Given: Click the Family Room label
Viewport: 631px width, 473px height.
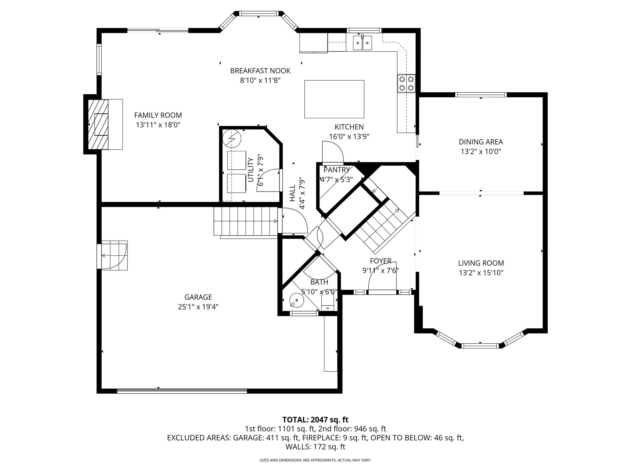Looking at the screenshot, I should (x=158, y=115).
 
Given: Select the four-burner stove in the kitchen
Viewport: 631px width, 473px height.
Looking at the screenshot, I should (x=406, y=83).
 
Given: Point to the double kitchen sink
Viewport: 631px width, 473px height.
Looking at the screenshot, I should (x=362, y=43).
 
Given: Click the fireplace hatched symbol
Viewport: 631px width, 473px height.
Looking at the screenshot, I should (x=98, y=124).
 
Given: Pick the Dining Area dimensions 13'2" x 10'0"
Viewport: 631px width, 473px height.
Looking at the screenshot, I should (x=481, y=152).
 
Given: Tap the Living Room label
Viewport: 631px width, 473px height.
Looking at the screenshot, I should (x=481, y=263).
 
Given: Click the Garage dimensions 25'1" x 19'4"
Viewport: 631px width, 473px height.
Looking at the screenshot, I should (x=198, y=307).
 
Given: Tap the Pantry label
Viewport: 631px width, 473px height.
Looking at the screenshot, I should (x=336, y=170).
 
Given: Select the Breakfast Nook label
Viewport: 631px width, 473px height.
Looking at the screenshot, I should (x=260, y=71).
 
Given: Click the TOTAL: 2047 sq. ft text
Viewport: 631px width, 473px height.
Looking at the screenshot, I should (x=315, y=419).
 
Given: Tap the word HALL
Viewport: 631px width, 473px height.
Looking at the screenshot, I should (x=292, y=193).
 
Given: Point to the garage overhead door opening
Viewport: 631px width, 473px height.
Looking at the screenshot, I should (x=182, y=391).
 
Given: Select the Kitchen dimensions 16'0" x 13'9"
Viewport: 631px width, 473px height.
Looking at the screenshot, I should (x=349, y=136).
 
